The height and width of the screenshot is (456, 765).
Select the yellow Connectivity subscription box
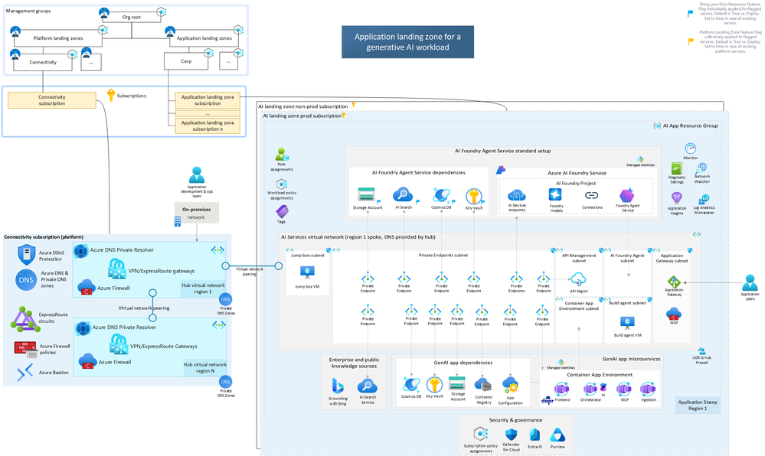[x=52, y=100]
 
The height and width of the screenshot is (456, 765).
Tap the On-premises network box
[x=197, y=213]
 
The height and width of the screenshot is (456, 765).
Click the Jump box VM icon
[x=307, y=272]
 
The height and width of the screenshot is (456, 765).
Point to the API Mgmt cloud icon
[x=578, y=279]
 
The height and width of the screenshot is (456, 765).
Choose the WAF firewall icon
[x=674, y=313]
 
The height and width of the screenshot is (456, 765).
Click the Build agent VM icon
[x=627, y=322]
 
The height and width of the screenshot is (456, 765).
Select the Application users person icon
[x=750, y=282]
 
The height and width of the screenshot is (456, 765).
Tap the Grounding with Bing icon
[x=338, y=386]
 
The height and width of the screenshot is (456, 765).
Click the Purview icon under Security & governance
[x=557, y=435]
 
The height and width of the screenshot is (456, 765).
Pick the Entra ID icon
[x=535, y=435]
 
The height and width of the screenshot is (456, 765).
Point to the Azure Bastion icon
[x=25, y=373]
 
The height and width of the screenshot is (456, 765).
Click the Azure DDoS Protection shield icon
[x=25, y=255]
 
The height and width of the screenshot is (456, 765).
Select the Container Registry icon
[x=482, y=384]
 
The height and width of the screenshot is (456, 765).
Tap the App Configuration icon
[x=510, y=383]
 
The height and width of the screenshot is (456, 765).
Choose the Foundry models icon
[x=556, y=196]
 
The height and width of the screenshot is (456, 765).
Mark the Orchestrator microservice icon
[x=590, y=389]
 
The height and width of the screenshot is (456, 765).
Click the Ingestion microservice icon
[x=649, y=389]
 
